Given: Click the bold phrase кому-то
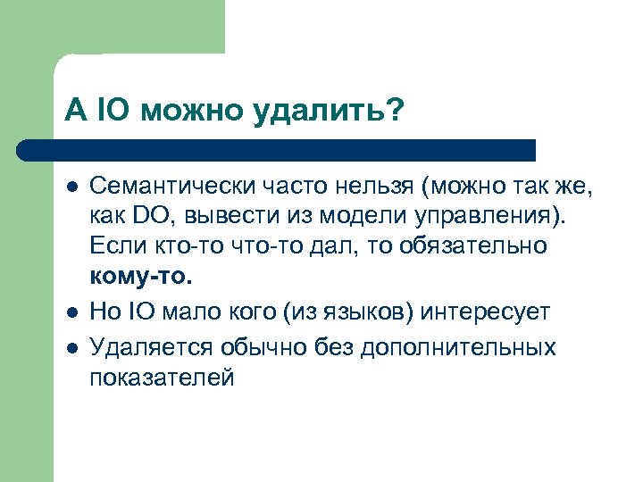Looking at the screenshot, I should [140, 276].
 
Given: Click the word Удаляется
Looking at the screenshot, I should [149, 347].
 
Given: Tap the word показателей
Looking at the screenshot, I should [162, 378].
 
